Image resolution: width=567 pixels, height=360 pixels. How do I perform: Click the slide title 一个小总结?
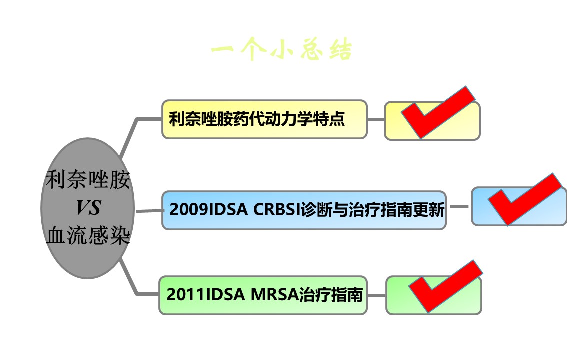coord(281,51)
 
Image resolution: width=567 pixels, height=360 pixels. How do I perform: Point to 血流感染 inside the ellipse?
coord(88,235)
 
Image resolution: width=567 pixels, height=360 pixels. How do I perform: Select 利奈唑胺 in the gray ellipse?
coord(88,180)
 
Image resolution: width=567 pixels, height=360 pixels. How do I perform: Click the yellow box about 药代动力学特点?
coord(264,119)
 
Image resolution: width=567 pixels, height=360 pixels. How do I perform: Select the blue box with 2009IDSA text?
coord(304,210)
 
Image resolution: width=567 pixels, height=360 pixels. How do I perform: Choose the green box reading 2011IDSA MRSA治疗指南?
coord(263,295)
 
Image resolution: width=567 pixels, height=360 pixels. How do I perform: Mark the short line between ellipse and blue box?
coord(149,211)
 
